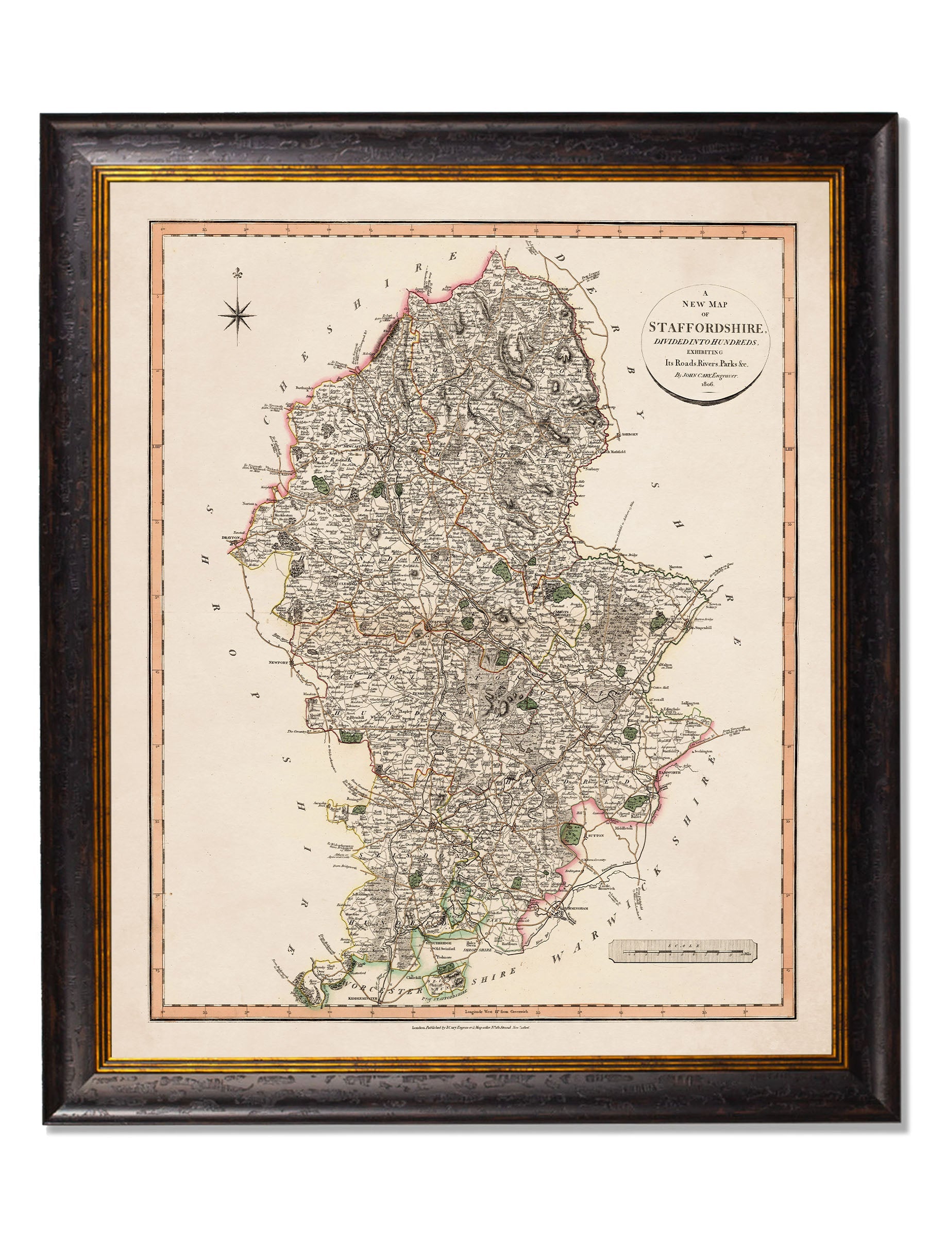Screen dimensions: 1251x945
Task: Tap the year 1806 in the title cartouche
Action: click(707, 384)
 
